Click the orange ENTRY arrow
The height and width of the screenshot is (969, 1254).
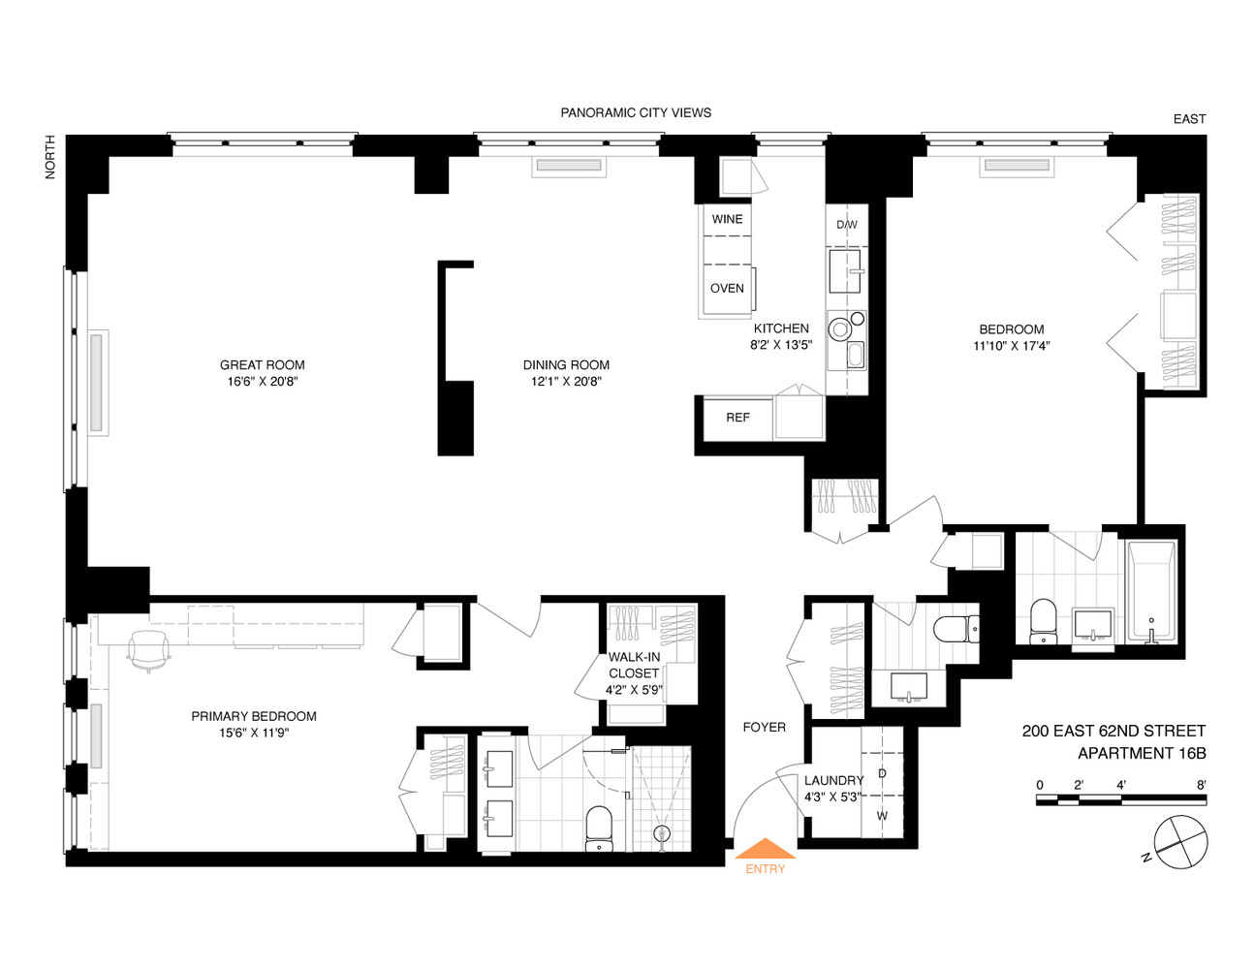coord(765,850)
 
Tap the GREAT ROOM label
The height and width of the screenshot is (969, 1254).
coord(262,365)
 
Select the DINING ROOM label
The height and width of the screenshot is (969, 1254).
coord(566,365)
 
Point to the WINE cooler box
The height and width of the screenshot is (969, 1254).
coord(727,220)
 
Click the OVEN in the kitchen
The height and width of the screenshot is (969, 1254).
coord(727,289)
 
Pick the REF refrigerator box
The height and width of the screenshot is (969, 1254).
coord(737,418)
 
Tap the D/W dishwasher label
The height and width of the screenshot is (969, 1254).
coord(846,225)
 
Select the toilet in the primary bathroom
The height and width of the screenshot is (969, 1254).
coord(599,829)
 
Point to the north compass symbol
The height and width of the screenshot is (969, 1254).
coord(1181,841)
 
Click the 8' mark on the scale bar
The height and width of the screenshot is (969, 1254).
coord(1201,785)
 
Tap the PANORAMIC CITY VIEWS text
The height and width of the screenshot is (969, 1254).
coord(636,112)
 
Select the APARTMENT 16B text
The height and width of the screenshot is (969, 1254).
coord(1141,753)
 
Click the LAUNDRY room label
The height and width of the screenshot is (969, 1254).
coord(833,780)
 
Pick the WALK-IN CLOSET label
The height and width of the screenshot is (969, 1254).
coord(634,665)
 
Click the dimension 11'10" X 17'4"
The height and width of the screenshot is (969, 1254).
coord(1011,346)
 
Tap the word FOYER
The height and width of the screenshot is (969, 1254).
coord(764,727)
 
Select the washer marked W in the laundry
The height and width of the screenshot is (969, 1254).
coord(882,816)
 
